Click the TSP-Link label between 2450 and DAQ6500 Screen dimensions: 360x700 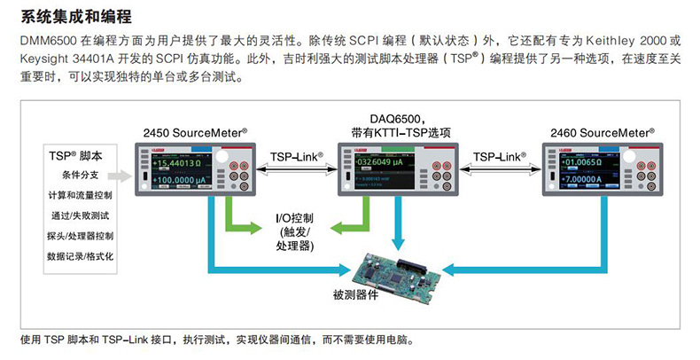pos(295,156)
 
